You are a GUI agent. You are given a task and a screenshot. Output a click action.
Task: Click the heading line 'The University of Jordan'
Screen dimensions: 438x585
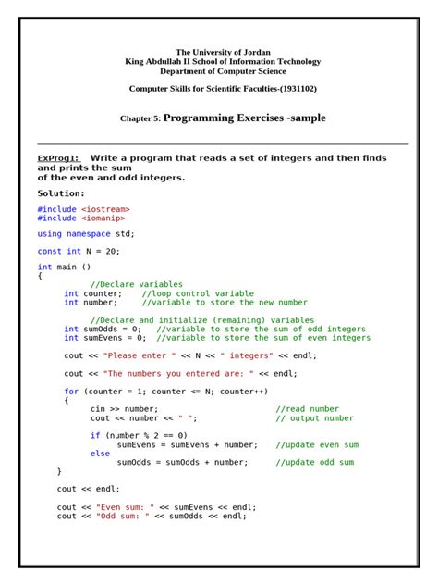[x=223, y=52]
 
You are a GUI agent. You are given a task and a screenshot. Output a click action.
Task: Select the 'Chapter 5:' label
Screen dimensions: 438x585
[x=140, y=119]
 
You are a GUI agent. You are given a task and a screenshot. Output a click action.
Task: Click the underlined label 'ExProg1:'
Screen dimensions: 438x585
[x=58, y=158]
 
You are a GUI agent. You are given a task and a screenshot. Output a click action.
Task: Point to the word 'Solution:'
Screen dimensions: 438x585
[x=61, y=193]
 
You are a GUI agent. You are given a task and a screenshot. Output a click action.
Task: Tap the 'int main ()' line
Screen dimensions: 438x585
[x=64, y=267]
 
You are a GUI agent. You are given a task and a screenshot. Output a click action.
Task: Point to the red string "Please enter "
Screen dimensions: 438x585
[x=136, y=355]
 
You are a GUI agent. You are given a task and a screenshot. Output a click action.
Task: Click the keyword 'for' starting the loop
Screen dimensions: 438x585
[x=71, y=392]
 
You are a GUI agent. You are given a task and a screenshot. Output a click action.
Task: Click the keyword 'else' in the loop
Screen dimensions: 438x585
[x=100, y=454]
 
